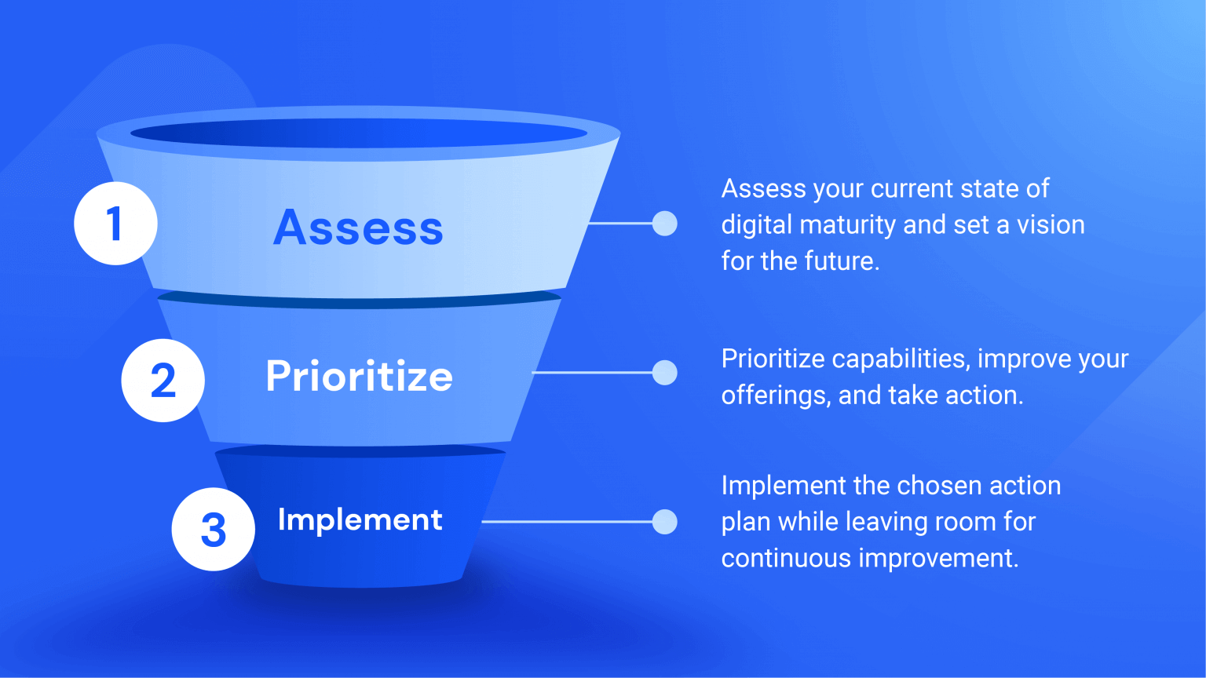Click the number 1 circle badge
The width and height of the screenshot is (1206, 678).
[115, 224]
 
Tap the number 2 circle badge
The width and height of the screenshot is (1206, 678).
[163, 381]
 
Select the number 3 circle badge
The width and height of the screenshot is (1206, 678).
[213, 530]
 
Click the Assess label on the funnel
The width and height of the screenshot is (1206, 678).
[358, 228]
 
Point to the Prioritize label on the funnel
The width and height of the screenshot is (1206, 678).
[359, 376]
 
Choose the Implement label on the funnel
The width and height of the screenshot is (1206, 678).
[360, 519]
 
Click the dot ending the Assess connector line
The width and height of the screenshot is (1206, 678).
[665, 224]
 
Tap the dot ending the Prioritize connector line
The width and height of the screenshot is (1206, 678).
[665, 373]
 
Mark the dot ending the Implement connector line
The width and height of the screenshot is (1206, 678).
[665, 522]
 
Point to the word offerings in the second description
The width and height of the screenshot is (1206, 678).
[775, 395]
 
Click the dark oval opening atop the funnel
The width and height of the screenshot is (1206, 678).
[359, 133]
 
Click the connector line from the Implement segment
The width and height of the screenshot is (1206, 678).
[565, 522]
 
